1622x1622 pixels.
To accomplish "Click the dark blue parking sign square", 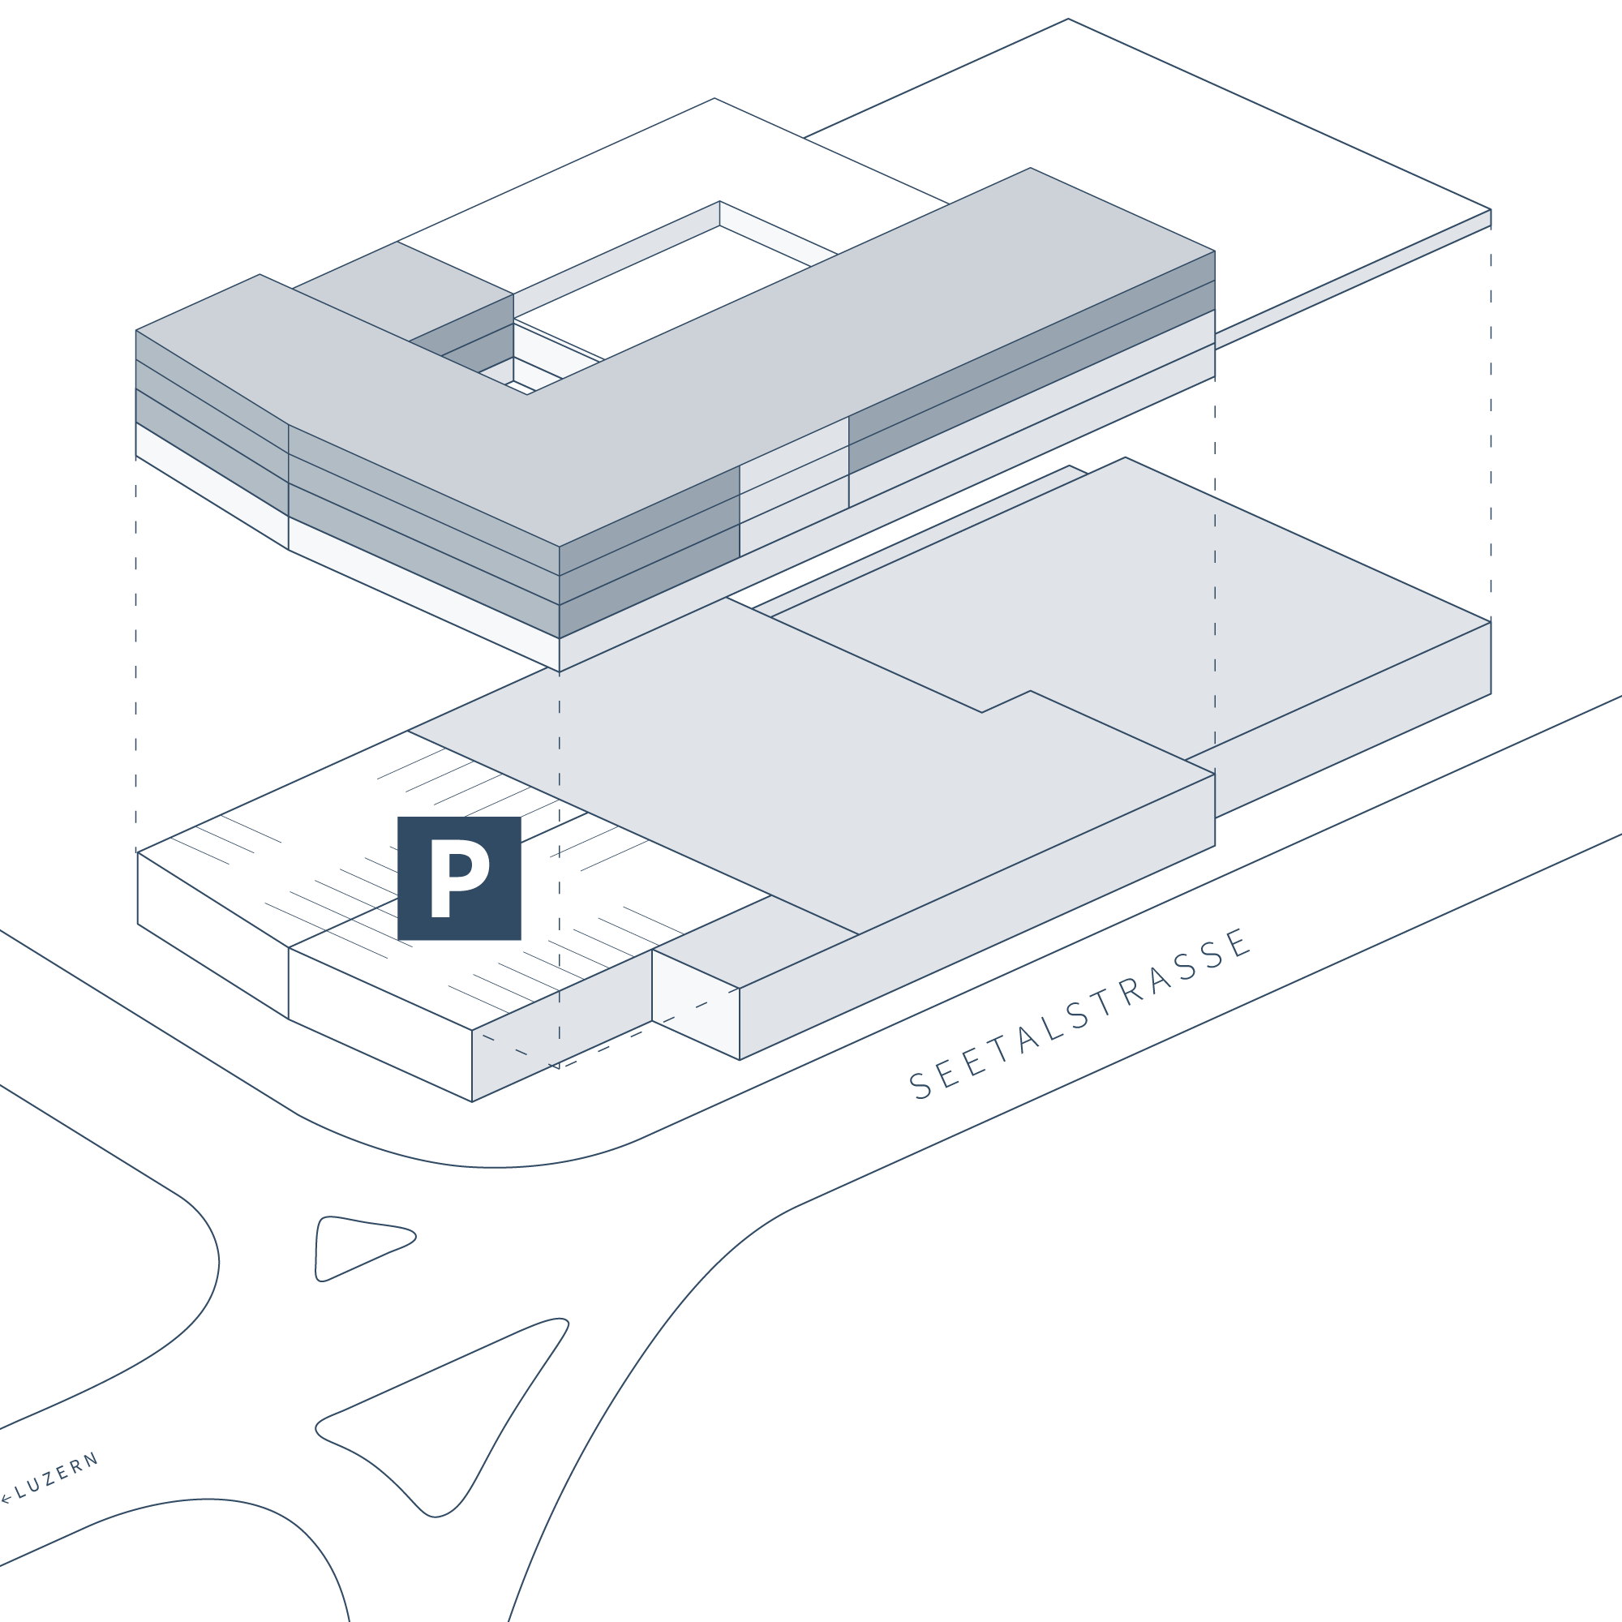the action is pyautogui.click(x=459, y=878).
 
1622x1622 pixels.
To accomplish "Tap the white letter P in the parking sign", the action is pyautogui.click(x=459, y=879).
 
